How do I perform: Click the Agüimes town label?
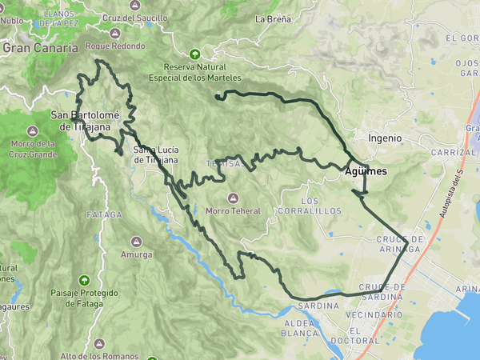click(366, 171)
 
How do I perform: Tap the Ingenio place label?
click(385, 138)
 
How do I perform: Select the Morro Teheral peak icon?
click(233, 198)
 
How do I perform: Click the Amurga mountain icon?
click(136, 242)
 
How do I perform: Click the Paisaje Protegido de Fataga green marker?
click(84, 279)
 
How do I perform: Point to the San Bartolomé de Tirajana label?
click(84, 120)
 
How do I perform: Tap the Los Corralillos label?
click(310, 206)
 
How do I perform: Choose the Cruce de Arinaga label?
click(398, 244)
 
